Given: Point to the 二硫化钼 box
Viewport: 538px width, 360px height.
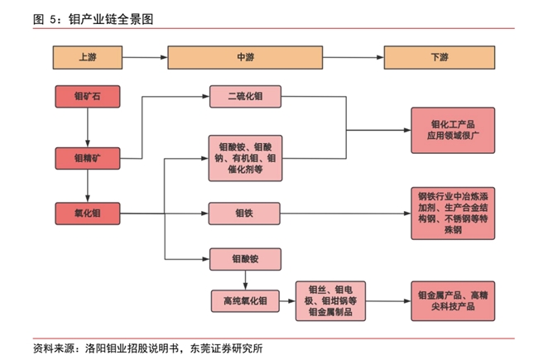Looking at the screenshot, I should (x=246, y=97).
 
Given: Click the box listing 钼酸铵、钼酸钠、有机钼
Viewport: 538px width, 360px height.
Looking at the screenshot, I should (x=246, y=156).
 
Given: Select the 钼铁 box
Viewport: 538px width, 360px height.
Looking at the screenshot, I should (x=246, y=213).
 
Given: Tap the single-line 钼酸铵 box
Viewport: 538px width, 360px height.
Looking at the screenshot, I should (x=246, y=258).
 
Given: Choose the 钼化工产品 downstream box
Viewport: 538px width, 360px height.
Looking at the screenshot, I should (x=454, y=130).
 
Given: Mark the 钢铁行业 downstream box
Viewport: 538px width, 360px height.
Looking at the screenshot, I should (x=454, y=213).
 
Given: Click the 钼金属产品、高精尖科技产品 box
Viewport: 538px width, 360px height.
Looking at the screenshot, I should (x=454, y=300).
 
